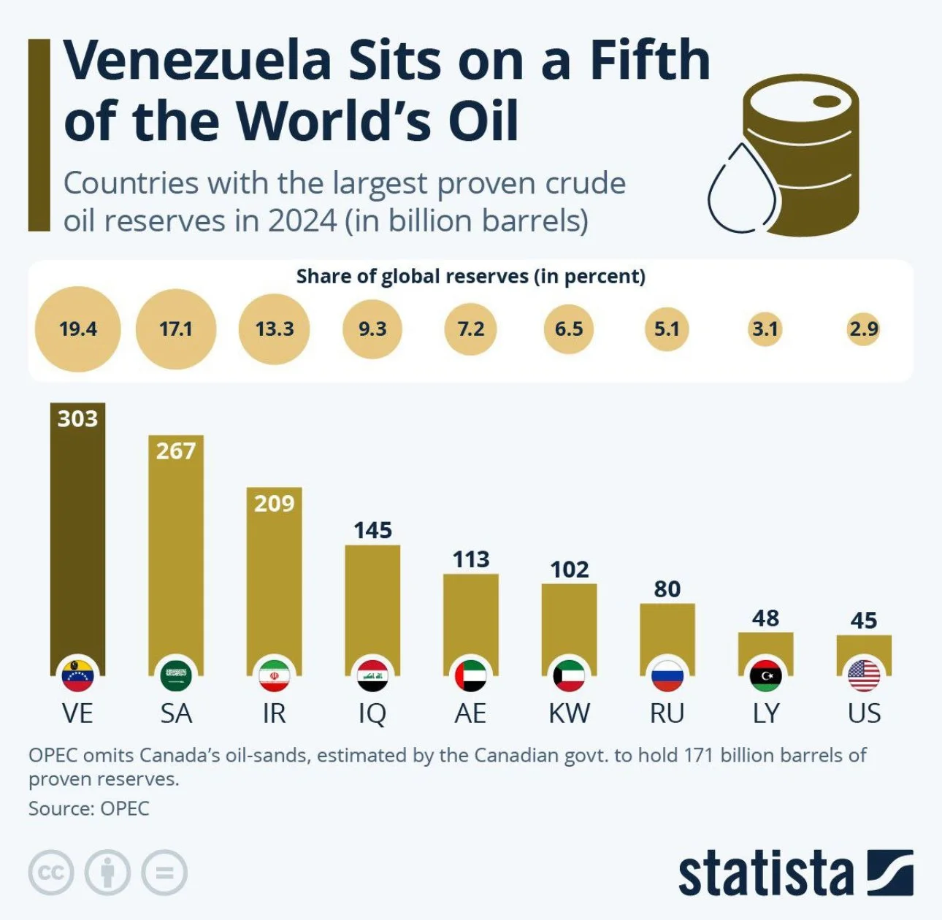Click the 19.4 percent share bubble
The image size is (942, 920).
(77, 329)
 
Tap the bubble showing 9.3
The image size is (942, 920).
(372, 329)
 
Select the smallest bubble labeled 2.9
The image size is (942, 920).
(864, 329)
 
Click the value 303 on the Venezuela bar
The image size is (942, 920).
(77, 418)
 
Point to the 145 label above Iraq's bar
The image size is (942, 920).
(372, 530)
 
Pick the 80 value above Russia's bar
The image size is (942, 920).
(667, 589)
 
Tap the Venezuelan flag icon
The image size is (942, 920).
(77, 675)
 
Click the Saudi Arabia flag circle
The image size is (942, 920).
(176, 675)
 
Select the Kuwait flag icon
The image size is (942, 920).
(569, 675)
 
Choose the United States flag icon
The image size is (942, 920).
(864, 675)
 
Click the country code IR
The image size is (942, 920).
(274, 713)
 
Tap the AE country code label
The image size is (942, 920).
(470, 713)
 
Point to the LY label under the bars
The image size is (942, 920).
(765, 713)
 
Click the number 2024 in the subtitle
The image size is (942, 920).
(302, 221)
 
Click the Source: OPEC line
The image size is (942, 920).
(88, 808)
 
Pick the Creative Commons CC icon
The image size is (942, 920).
(51, 873)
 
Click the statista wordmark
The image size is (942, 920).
(765, 873)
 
